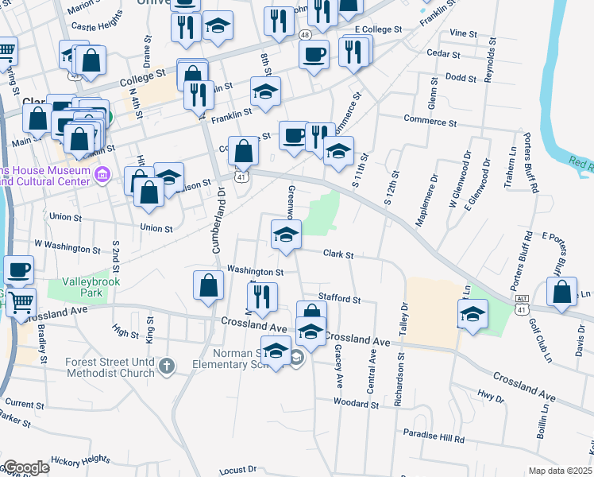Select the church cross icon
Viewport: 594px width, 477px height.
pos(166,366)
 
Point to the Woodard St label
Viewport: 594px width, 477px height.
pos(356,404)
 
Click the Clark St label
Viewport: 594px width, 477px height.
pos(337,254)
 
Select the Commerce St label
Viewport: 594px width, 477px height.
pos(430,122)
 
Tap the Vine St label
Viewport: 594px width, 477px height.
pos(463,34)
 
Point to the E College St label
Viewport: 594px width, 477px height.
pos(379,29)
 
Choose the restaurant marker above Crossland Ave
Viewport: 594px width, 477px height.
pos(262,296)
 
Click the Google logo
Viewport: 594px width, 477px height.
pos(26,467)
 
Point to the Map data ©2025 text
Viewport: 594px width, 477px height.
pos(560,471)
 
